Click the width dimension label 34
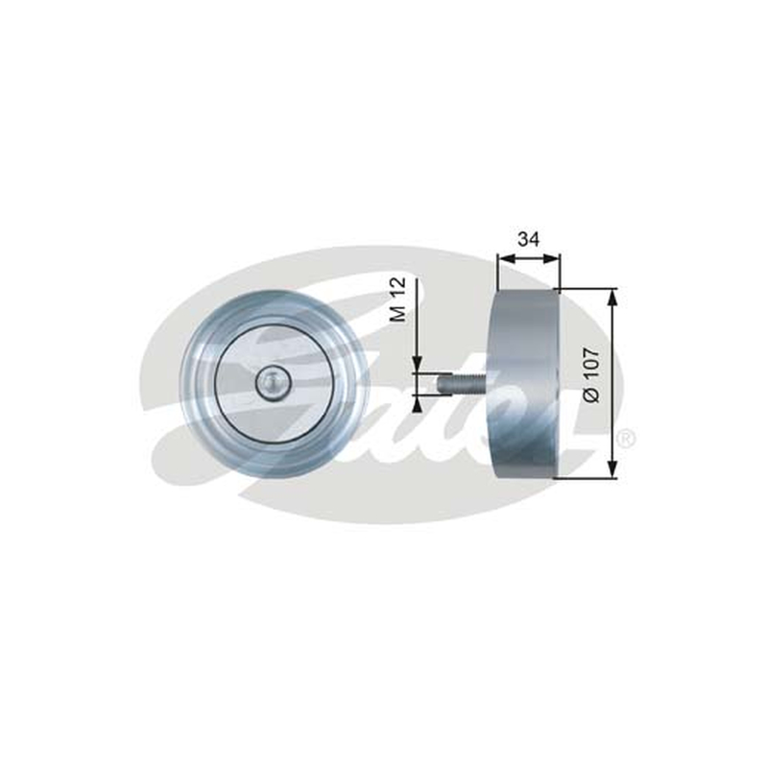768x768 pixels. tap(529, 239)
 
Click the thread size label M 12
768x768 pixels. tap(398, 300)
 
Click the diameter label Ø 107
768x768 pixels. tap(591, 375)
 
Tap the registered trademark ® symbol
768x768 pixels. tap(626, 439)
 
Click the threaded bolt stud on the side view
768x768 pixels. tap(462, 382)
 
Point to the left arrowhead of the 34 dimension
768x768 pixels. tap(504, 258)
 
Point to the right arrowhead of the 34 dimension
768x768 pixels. tap(553, 258)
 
